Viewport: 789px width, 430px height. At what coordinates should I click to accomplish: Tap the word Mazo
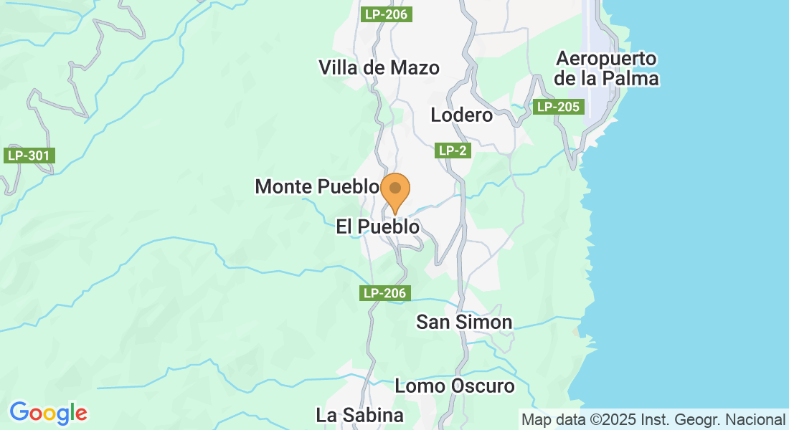click(415, 67)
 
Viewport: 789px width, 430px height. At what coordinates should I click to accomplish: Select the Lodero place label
click(462, 115)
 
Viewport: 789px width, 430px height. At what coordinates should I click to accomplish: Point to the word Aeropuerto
click(607, 59)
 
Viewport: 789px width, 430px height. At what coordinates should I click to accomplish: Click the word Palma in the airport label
click(633, 78)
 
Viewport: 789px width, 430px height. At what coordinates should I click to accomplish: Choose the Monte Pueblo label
click(316, 187)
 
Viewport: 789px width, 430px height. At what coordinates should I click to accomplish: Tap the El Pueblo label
click(377, 226)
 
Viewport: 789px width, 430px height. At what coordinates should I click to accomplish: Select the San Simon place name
click(464, 322)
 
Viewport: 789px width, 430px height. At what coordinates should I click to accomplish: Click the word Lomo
click(419, 386)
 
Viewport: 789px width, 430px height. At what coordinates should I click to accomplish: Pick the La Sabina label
click(359, 415)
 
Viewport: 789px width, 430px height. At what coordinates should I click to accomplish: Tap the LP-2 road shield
click(453, 150)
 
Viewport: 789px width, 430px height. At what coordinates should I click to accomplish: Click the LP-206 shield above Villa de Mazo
click(385, 14)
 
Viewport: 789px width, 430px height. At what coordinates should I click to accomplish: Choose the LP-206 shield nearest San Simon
click(385, 292)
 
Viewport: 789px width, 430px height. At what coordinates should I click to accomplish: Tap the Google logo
click(48, 413)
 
